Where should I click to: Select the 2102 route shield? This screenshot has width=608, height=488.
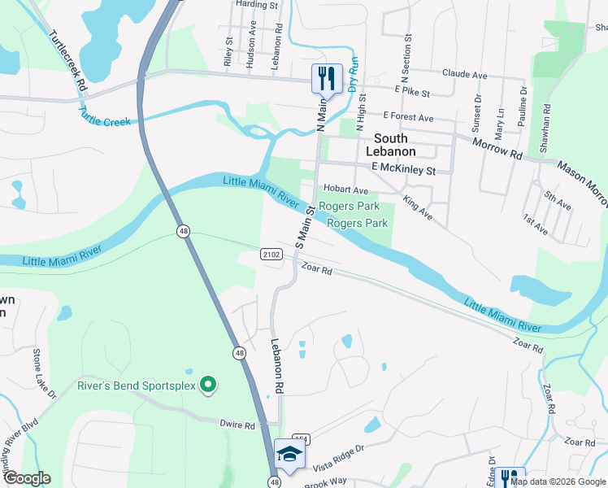point(271,255)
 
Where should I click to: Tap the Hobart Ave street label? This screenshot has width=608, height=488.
point(346,190)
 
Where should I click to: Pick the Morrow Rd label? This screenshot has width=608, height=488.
point(497,148)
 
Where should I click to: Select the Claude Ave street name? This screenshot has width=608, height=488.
point(464,74)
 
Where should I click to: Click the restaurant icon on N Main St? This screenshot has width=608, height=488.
point(327,79)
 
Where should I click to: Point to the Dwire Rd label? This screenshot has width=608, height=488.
point(237,425)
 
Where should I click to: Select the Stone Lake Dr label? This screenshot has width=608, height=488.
point(43,373)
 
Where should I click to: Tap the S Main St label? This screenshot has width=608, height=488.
point(305,227)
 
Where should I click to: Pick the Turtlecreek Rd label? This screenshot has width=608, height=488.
point(67,59)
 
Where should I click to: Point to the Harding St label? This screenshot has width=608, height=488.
point(257,4)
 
